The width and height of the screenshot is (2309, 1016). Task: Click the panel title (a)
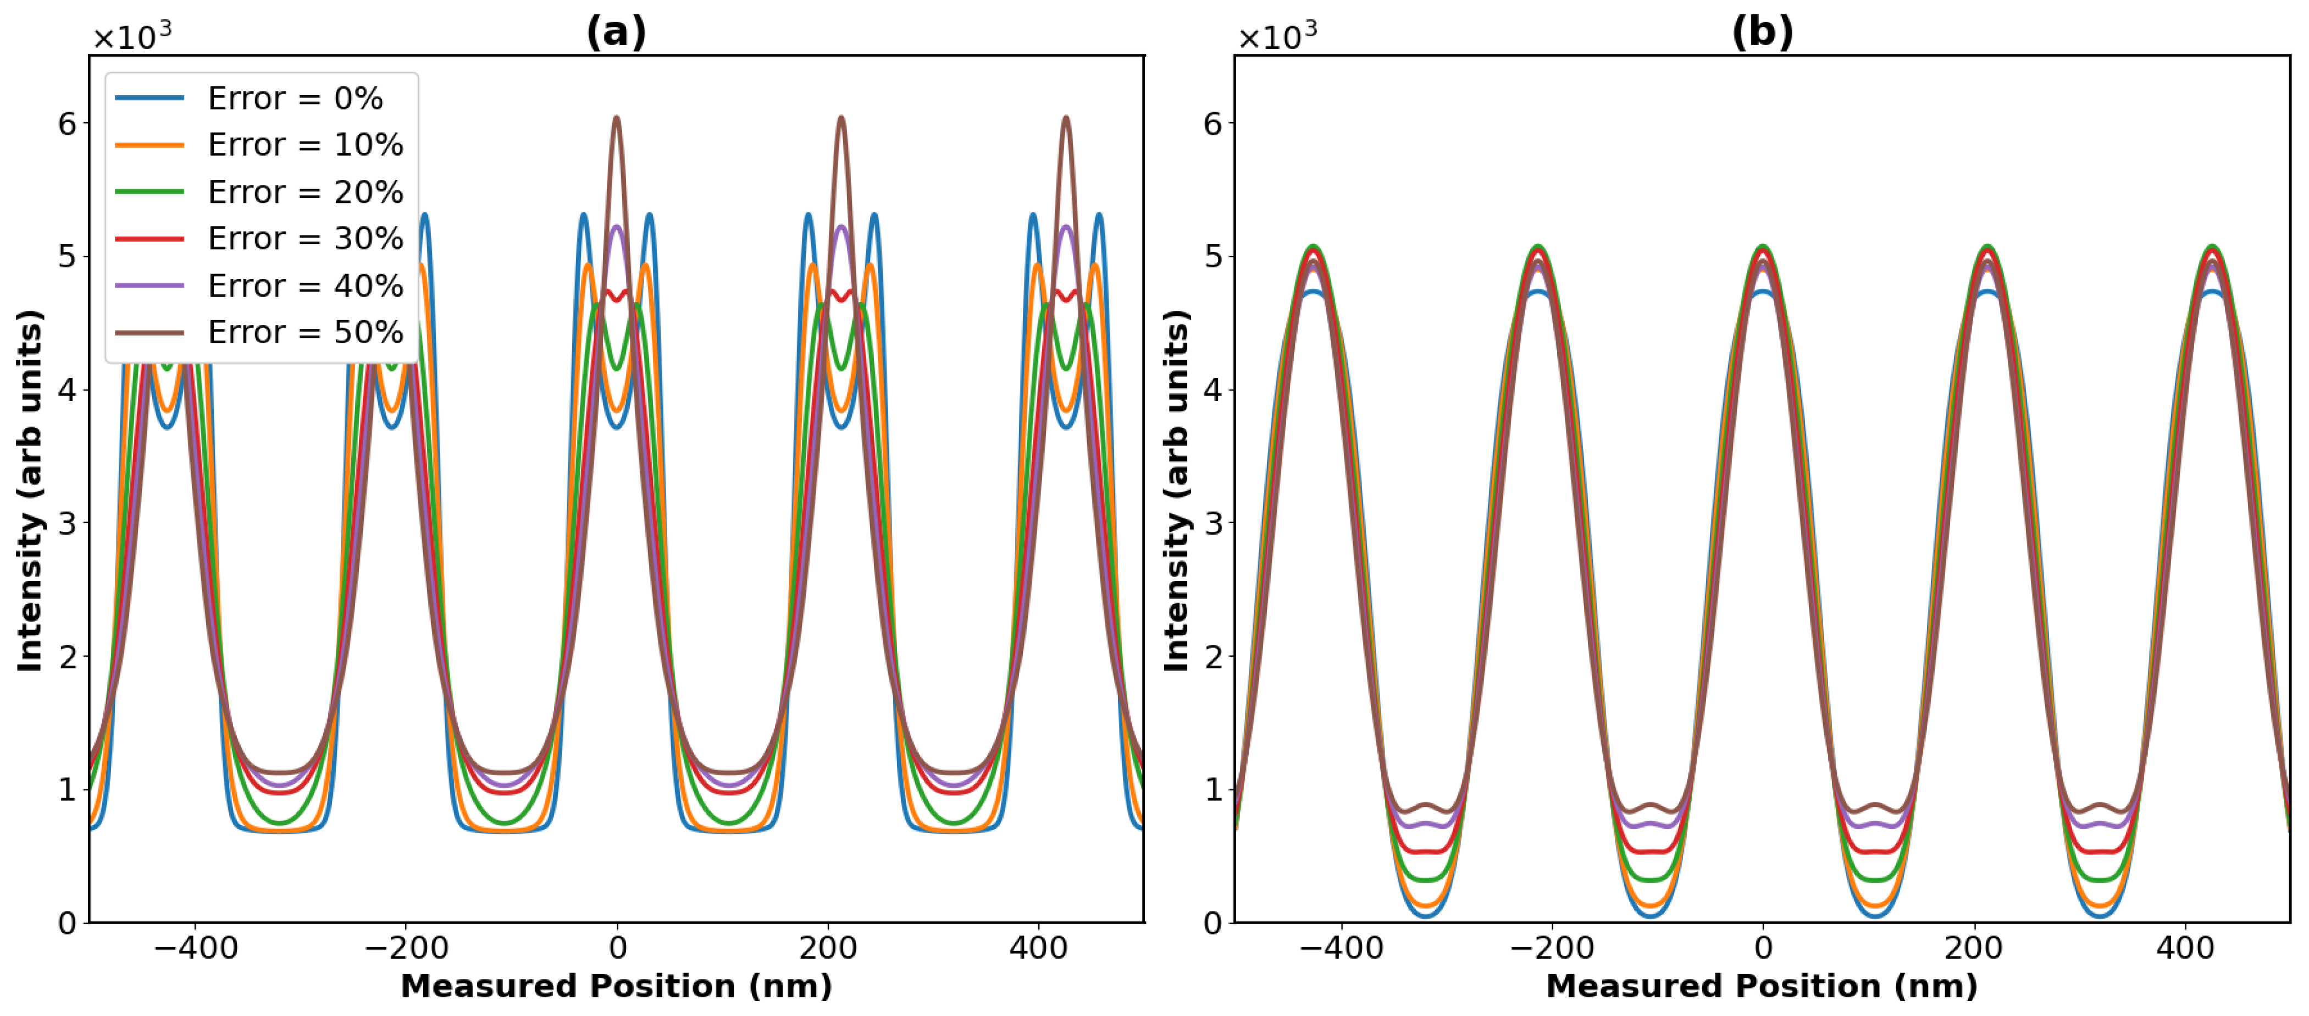[616, 32]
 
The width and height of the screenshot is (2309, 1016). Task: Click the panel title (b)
[1762, 32]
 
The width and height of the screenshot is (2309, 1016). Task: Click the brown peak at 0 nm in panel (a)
[617, 118]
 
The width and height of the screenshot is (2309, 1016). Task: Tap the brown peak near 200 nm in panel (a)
[841, 118]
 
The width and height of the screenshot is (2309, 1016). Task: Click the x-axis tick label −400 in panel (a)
[196, 948]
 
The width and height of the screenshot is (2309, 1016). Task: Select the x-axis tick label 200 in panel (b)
[1973, 948]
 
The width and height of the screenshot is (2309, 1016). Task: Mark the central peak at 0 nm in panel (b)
[1762, 248]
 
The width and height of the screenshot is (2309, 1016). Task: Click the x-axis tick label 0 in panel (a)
[617, 948]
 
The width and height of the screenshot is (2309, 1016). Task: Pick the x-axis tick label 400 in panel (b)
[2184, 948]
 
